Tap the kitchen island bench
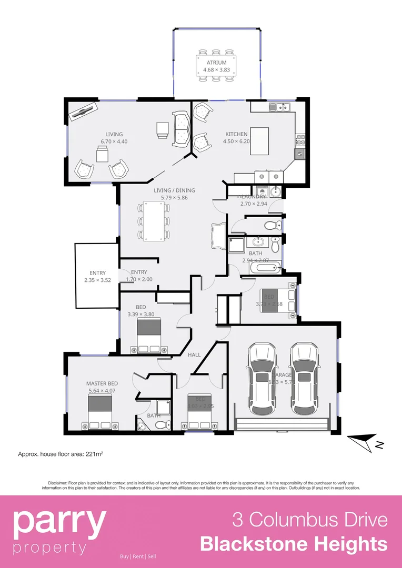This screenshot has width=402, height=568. point(259,141)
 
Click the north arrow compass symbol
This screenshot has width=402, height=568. point(365,442)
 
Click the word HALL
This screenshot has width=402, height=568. point(194,355)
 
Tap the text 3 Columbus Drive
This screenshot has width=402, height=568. point(310,520)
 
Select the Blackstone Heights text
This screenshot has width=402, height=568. point(294,544)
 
